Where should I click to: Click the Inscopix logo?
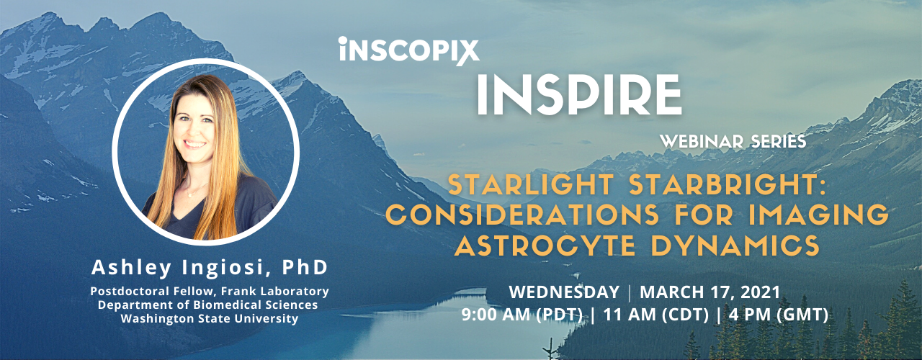coord(409,51)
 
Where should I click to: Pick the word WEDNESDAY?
coord(564,292)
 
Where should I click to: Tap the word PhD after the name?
coord(305,267)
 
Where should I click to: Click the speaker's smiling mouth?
coord(194,144)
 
